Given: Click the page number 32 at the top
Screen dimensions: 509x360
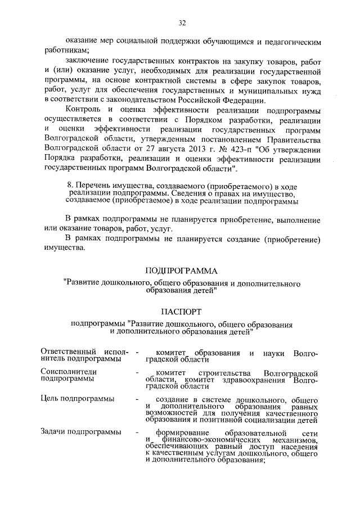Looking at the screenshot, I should [x=181, y=22].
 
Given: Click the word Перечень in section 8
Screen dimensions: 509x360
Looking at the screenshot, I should [x=93, y=186].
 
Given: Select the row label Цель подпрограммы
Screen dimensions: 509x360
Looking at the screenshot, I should [x=78, y=399].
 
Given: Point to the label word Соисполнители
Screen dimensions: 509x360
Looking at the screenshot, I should [x=69, y=372].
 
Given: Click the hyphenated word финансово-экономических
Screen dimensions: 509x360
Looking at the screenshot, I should [x=201, y=439].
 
